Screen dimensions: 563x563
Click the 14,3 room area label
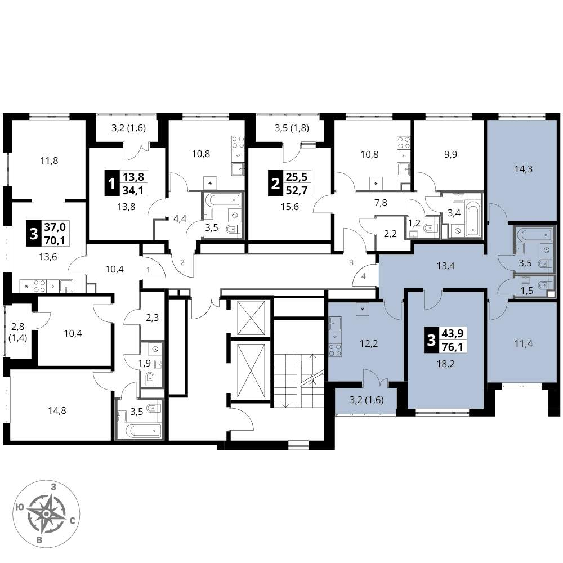[523, 169]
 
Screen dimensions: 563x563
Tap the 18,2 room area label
[445, 364]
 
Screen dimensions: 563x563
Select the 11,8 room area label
[49, 160]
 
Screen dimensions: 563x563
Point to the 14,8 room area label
[57, 410]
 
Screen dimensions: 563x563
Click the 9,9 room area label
[450, 154]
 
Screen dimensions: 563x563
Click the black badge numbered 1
[111, 184]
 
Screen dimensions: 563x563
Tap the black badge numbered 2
[275, 184]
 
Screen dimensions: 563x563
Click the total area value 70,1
[55, 240]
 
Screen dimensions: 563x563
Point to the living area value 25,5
[297, 177]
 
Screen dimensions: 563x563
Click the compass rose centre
[46, 515]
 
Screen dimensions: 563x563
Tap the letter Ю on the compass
[20, 507]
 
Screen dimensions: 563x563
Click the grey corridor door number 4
[364, 276]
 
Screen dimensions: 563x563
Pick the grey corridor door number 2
[182, 262]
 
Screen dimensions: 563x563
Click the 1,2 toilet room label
[414, 224]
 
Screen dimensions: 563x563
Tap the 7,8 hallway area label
[381, 203]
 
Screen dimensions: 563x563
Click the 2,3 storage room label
[152, 318]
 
